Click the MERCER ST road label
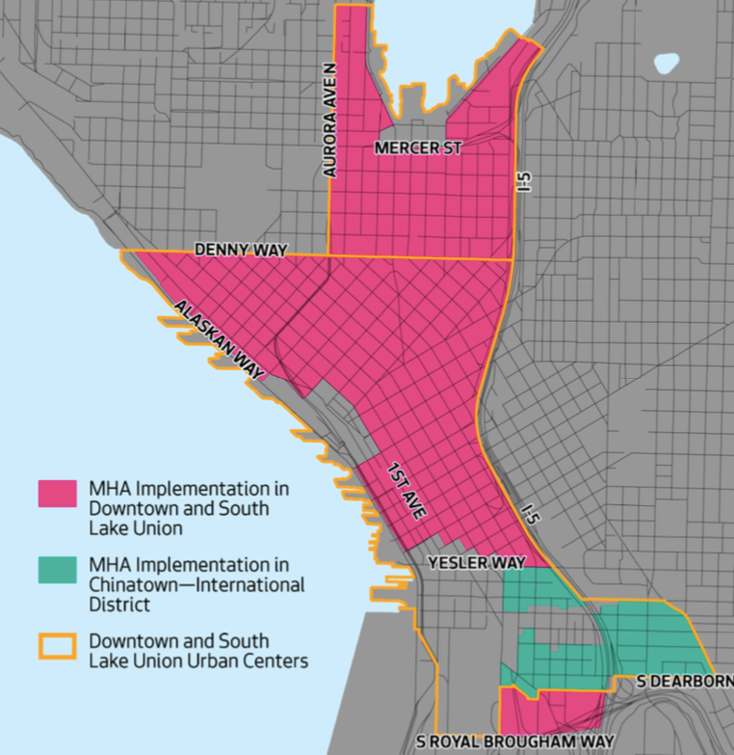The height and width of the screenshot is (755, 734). point(418,148)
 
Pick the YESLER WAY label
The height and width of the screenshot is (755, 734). point(480,562)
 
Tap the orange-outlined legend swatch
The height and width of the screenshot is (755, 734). point(57,644)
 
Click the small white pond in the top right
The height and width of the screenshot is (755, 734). point(666,65)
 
